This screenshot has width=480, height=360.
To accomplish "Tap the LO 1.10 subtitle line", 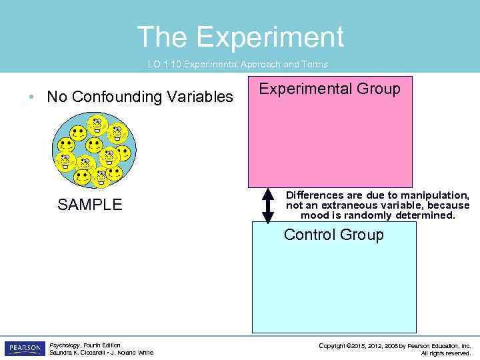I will click(237, 65).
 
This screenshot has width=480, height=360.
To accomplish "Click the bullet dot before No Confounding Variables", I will click(31, 97).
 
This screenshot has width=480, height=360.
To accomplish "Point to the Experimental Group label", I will click(329, 89).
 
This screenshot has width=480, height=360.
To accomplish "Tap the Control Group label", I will click(333, 235).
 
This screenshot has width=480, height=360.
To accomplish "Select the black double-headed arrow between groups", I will click(268, 206).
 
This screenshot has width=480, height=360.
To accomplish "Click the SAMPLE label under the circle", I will click(90, 205).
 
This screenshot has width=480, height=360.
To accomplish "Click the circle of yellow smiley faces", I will click(94, 150).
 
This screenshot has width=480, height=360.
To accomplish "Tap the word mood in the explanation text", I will click(315, 215).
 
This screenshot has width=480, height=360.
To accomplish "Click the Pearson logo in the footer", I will click(25, 349).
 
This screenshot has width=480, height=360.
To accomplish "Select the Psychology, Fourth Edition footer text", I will click(85, 345).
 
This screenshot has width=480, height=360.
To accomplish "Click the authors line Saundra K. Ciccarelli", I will click(101, 353).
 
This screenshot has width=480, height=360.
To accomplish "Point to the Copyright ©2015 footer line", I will click(395, 345).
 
